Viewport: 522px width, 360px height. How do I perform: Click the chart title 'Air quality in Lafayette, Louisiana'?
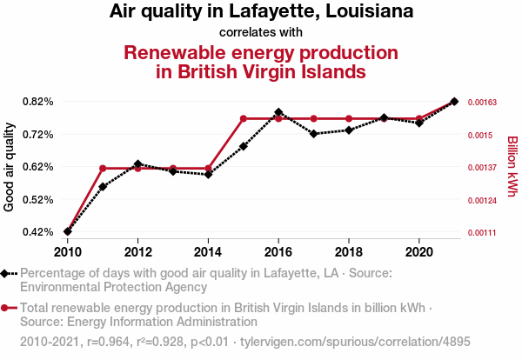pos(261,12)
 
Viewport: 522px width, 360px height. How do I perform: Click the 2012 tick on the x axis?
pos(137,252)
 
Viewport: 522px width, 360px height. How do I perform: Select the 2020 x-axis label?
pos(418,252)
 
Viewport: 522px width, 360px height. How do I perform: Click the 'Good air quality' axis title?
pos(10,167)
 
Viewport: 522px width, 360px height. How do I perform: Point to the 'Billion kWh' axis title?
pos(512,167)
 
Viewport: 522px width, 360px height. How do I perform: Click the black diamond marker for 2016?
pos(278,112)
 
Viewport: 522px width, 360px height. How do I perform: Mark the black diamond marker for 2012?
pos(137,164)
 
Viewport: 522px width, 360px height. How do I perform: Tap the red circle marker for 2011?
pos(103,168)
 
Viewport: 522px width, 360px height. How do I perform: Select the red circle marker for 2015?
pos(243,118)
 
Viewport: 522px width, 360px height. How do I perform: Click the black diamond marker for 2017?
pos(313,134)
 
